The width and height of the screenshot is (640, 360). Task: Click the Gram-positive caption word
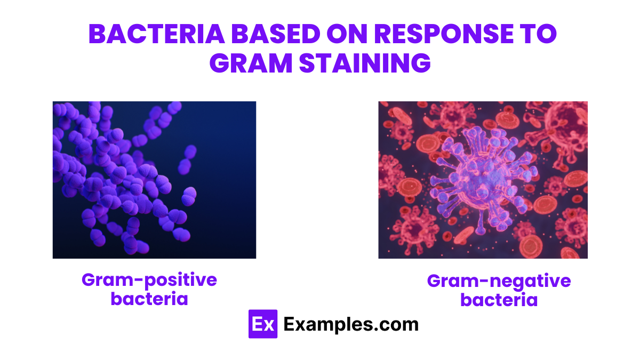[149, 279]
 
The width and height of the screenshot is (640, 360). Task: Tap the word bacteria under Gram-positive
[149, 298]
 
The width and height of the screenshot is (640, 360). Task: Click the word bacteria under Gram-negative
[499, 300]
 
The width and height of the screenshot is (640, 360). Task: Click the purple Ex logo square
[263, 324]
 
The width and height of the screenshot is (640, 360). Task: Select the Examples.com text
[350, 324]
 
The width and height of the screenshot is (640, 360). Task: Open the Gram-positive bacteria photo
[154, 180]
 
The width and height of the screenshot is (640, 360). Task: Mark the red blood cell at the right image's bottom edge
[530, 245]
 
